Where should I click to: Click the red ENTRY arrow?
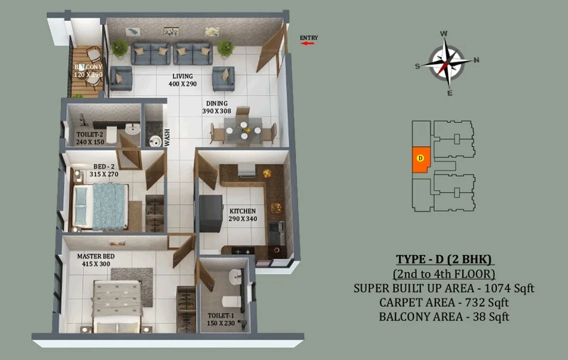point(307,43)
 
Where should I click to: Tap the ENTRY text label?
point(309,38)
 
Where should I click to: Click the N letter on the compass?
point(476,60)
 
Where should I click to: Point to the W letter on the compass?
point(443,33)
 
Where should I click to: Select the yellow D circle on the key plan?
point(420,158)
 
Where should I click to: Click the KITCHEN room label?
point(243,211)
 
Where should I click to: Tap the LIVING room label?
point(182,77)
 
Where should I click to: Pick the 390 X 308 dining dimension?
point(217,111)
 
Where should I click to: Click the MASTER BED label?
point(96,256)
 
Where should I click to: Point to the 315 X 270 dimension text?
point(104,174)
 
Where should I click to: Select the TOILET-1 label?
point(221,316)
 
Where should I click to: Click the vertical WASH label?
point(167,138)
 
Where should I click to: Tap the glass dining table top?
point(243,131)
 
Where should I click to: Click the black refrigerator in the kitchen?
point(211,214)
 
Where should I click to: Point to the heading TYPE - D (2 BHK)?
point(444,259)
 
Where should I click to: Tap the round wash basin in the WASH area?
point(155,141)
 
